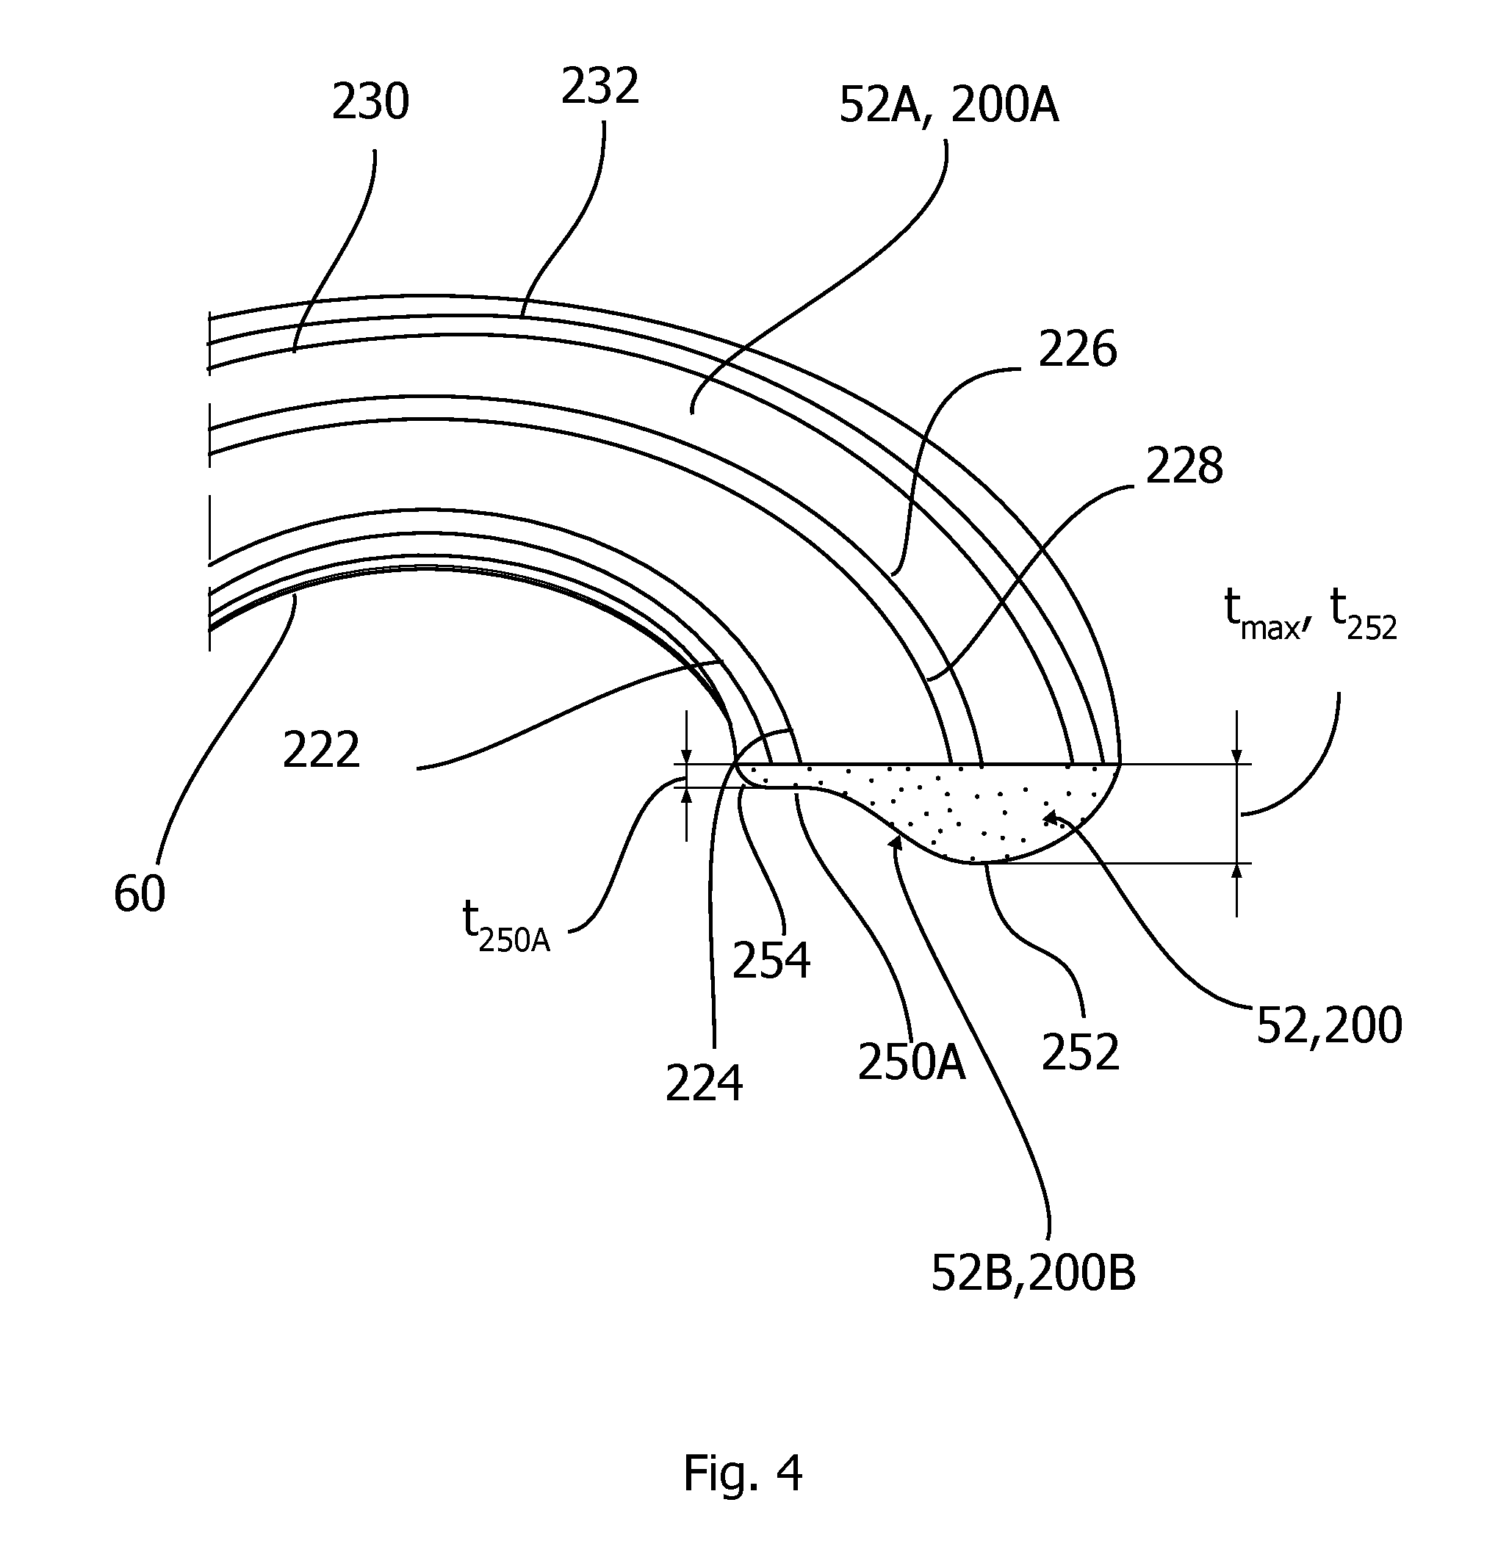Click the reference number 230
[x=370, y=103]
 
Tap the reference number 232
[x=600, y=87]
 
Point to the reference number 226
[x=1078, y=350]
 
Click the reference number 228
[x=1184, y=466]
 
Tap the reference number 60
[x=140, y=895]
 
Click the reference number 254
[x=771, y=961]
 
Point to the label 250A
[x=912, y=1062]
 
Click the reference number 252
[x=1080, y=1052]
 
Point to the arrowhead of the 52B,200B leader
[x=895, y=841]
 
